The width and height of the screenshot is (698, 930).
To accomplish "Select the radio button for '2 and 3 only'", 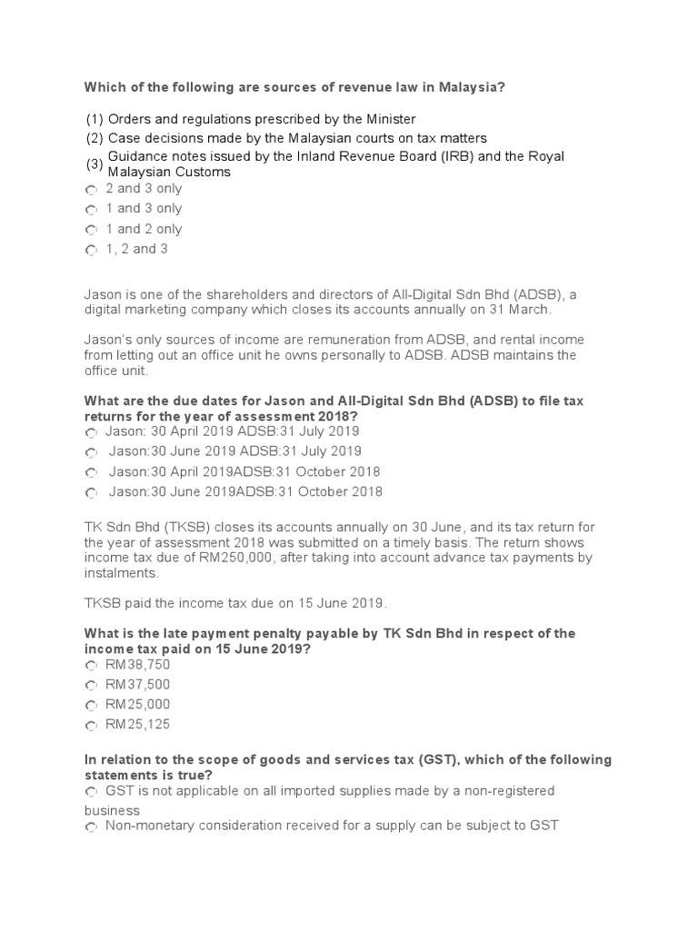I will [x=91, y=190].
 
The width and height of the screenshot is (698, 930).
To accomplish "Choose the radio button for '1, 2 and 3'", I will [x=91, y=251].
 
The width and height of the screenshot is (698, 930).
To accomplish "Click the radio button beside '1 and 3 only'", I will [x=91, y=210].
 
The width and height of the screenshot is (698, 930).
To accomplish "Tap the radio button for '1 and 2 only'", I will [x=91, y=231].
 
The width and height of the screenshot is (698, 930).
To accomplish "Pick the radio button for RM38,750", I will [x=91, y=666].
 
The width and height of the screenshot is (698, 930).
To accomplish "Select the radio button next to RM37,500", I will [x=91, y=686].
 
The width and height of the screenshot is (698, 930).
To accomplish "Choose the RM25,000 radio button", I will [x=91, y=706].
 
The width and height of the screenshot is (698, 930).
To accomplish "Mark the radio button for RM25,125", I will [x=91, y=726].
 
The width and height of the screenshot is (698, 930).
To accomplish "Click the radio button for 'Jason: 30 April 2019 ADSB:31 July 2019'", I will [x=91, y=433].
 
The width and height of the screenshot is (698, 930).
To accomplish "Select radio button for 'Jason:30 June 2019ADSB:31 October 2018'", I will [x=91, y=493].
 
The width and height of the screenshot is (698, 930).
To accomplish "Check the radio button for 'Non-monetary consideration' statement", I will [x=91, y=827].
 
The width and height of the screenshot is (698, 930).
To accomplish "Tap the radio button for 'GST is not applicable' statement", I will [x=91, y=793].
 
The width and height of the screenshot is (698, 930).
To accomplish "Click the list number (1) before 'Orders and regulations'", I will [x=95, y=119].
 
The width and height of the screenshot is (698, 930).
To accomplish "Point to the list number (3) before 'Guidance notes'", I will [x=95, y=164].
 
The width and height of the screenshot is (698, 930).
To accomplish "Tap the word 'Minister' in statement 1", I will [x=388, y=119].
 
